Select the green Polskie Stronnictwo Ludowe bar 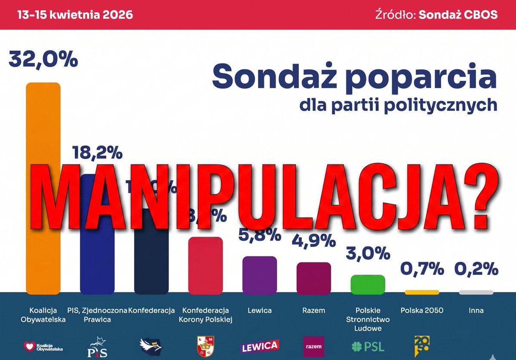tap(368, 284)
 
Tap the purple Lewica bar tap(259, 275)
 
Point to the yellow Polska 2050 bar tap(421, 292)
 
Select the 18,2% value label tap(97, 153)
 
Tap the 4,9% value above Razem tap(313, 241)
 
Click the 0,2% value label tap(476, 270)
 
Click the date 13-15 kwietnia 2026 tap(75, 15)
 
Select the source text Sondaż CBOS tap(458, 15)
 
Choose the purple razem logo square tap(313, 346)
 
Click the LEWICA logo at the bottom tap(259, 346)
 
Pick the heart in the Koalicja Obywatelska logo tap(30, 345)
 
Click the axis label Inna tap(476, 310)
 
